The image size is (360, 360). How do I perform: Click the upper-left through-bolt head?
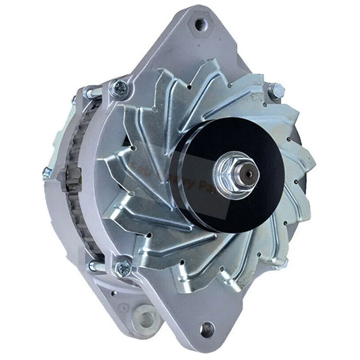[120, 88]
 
